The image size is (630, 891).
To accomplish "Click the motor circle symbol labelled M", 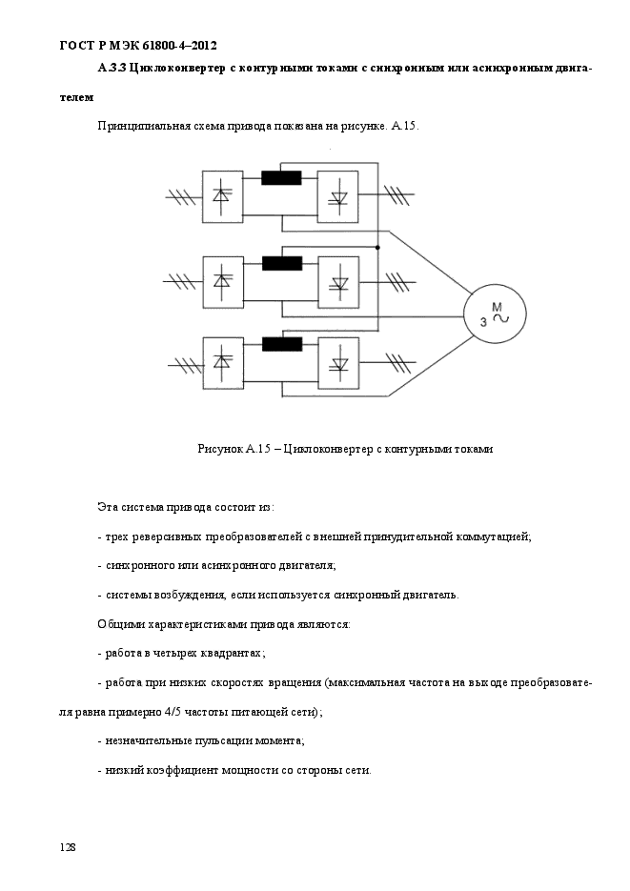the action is [x=495, y=313].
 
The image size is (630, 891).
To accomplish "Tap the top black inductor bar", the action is [x=281, y=178].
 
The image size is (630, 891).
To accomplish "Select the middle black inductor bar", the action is [x=282, y=263].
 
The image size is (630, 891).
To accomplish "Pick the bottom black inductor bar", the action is [x=282, y=344].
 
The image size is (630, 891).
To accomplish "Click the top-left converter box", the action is [x=223, y=196].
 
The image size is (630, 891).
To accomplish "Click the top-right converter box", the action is [x=338, y=196].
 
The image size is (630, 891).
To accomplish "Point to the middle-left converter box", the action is [x=223, y=282].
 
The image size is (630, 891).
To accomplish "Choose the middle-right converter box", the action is [x=338, y=282].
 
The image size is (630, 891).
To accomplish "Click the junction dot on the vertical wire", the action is [x=377, y=247].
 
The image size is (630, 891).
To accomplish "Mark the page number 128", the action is [x=67, y=847].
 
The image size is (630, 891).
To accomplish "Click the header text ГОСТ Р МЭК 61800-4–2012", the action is [x=138, y=46].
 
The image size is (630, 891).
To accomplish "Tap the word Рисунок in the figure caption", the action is [x=220, y=449].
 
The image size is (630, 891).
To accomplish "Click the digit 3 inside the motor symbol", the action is [x=483, y=322].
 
